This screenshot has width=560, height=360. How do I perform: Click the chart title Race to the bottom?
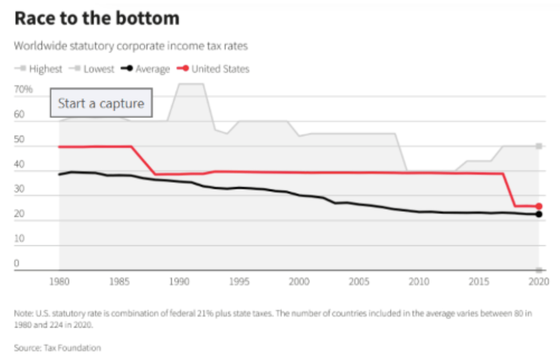pyautogui.click(x=97, y=19)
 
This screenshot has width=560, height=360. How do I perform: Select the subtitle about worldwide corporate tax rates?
pyautogui.click(x=131, y=46)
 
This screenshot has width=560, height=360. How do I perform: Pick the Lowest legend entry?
pyautogui.click(x=93, y=69)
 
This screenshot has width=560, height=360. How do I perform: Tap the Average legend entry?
pyautogui.click(x=146, y=69)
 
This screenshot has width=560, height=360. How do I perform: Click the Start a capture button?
pyautogui.click(x=101, y=103)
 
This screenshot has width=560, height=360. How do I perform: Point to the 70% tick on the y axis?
pyautogui.click(x=23, y=90)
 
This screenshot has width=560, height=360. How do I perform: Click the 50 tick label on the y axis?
pyautogui.click(x=20, y=140)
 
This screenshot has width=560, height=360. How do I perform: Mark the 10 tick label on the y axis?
pyautogui.click(x=19, y=239)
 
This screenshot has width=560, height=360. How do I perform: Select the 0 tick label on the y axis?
pyautogui.click(x=17, y=264)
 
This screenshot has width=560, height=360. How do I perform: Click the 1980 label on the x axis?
pyautogui.click(x=59, y=282)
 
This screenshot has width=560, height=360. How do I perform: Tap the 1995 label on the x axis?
pyautogui.click(x=239, y=282)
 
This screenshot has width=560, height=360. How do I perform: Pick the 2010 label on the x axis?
pyautogui.click(x=419, y=282)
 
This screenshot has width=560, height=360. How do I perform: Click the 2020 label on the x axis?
pyautogui.click(x=539, y=282)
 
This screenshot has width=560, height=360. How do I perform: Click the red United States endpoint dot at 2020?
pyautogui.click(x=539, y=206)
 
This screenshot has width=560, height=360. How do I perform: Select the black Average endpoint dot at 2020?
pyautogui.click(x=539, y=214)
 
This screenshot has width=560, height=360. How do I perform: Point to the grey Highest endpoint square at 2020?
pyautogui.click(x=539, y=146)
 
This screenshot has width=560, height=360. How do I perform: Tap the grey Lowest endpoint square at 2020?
pyautogui.click(x=539, y=270)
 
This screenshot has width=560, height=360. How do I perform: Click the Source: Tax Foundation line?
pyautogui.click(x=57, y=348)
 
